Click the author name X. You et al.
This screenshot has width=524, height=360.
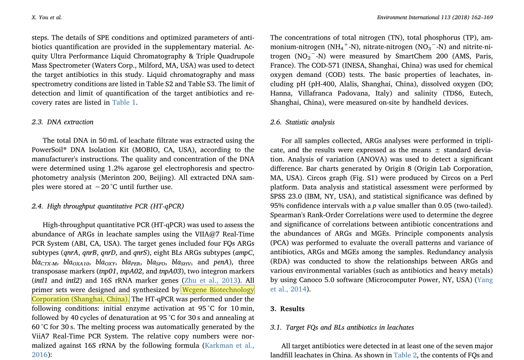(47, 18)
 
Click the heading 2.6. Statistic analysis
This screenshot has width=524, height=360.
(302, 122)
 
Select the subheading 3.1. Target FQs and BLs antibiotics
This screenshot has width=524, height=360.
(342, 327)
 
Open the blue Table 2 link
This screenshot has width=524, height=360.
(402, 355)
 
